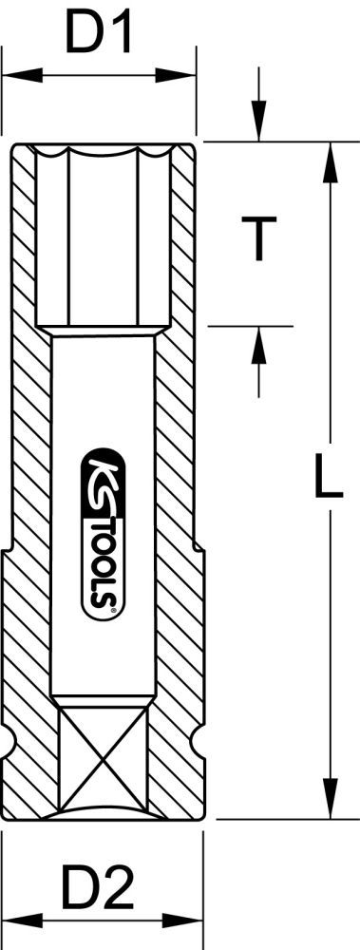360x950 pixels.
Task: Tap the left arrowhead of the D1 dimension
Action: pos(13,73)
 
